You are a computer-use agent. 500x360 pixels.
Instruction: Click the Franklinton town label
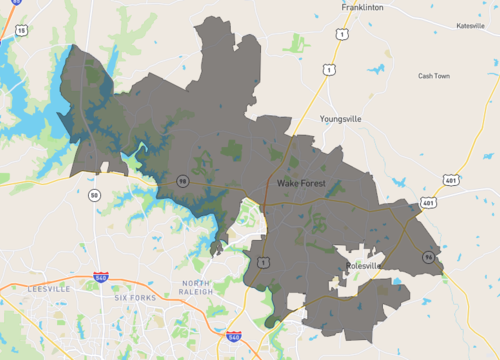pyautogui.click(x=363, y=7)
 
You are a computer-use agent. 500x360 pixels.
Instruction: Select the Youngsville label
pyautogui.click(x=341, y=118)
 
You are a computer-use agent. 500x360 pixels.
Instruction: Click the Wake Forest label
pyautogui.click(x=308, y=184)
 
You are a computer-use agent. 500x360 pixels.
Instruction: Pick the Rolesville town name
pyautogui.click(x=369, y=266)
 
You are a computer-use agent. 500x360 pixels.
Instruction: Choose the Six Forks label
pyautogui.click(x=136, y=298)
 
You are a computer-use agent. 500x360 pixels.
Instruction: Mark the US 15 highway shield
pyautogui.click(x=21, y=32)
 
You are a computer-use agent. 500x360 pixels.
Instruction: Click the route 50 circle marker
pyautogui.click(x=93, y=194)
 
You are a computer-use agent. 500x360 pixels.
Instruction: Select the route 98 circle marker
pyautogui.click(x=182, y=180)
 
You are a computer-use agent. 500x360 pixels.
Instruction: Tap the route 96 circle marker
pyautogui.click(x=428, y=258)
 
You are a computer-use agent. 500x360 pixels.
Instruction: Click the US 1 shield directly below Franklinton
pyautogui.click(x=342, y=34)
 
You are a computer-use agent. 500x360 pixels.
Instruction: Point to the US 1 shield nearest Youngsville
pyautogui.click(x=327, y=69)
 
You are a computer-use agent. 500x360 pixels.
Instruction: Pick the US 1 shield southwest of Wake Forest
pyautogui.click(x=262, y=262)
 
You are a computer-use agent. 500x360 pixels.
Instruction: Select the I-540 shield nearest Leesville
pyautogui.click(x=101, y=276)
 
